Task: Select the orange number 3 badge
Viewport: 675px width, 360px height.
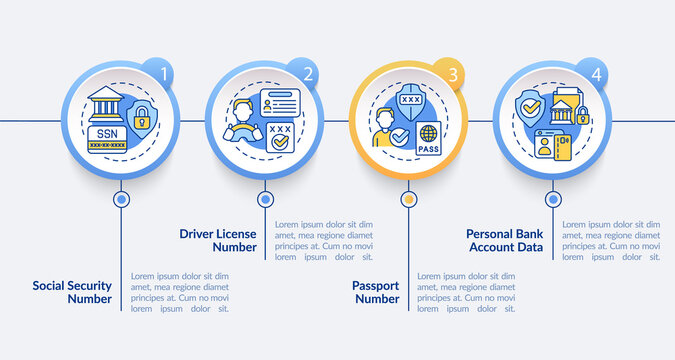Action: [453, 73]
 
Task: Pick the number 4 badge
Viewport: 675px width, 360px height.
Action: [597, 73]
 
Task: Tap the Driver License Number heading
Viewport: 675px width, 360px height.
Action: [218, 241]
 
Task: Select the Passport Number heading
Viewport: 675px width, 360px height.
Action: [375, 291]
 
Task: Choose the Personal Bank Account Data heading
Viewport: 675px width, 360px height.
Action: [505, 241]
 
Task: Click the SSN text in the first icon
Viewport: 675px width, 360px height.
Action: [106, 131]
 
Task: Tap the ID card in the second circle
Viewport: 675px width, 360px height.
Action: [279, 105]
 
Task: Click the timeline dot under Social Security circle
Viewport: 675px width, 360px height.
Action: [122, 199]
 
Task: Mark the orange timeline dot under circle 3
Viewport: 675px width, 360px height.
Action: [408, 199]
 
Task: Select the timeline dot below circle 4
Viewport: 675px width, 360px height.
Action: [552, 199]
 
